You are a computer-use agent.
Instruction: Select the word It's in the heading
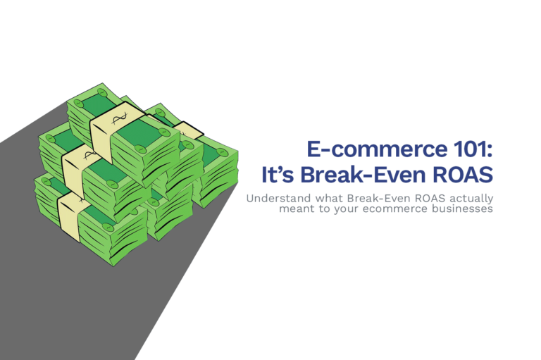pyautogui.click(x=278, y=175)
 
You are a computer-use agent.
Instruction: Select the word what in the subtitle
pyautogui.click(x=329, y=199)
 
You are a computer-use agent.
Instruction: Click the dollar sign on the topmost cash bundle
pyautogui.click(x=120, y=118)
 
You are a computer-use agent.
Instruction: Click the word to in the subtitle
pyautogui.click(x=324, y=209)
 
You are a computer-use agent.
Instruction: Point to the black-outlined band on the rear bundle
pyautogui.click(x=188, y=130)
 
